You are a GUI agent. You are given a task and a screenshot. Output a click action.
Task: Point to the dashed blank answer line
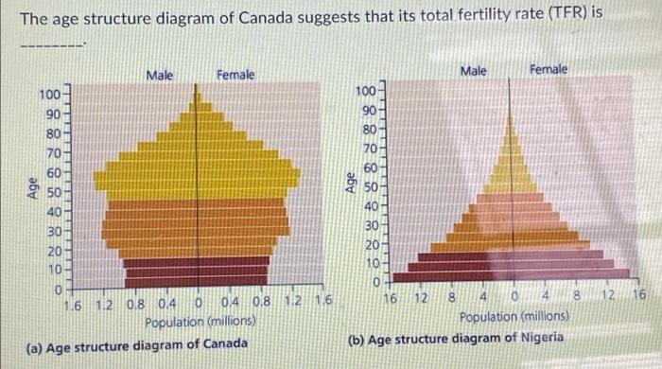[53, 44]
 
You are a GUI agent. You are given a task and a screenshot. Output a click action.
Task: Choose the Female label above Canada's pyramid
[235, 74]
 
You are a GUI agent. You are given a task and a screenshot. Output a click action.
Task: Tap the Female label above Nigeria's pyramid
[549, 69]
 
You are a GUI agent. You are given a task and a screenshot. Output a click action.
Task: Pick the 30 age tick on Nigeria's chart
[370, 225]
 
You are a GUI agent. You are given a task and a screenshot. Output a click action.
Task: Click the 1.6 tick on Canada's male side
[73, 304]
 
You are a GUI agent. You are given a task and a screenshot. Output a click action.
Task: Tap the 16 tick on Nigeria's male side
[391, 297]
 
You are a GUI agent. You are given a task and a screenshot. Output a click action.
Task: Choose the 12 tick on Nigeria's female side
[607, 297]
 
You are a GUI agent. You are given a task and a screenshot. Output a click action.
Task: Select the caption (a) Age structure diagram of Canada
[137, 343]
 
